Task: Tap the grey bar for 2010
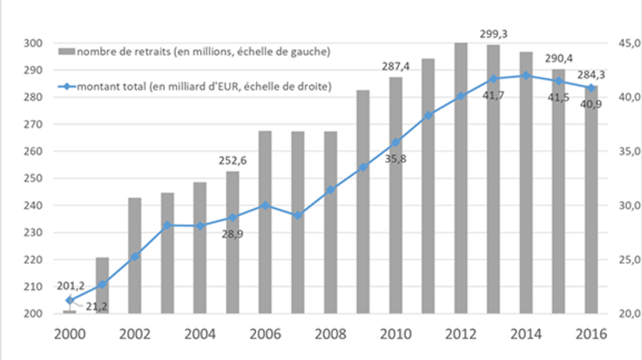click(395, 195)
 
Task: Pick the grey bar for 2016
click(591, 199)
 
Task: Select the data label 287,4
click(395, 67)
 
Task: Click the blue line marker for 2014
click(526, 75)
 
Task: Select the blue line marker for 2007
click(298, 216)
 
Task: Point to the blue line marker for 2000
click(70, 300)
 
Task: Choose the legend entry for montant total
click(192, 87)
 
